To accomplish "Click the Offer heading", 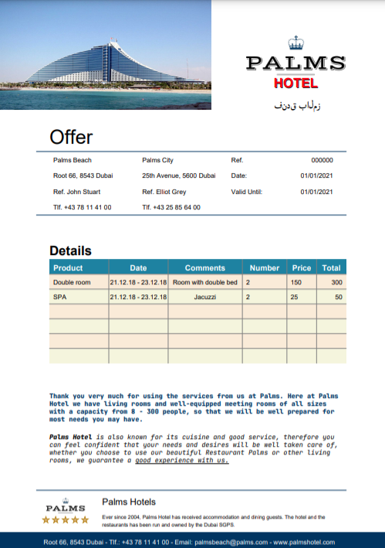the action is pos(71,138).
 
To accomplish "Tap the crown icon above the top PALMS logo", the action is pos(296,43).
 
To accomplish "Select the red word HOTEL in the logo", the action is pos(296,83).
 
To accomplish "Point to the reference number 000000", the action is pos(322,161).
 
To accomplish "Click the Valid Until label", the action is pos(248,192).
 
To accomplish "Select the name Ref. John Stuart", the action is pos(77,192).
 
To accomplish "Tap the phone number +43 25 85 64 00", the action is pos(171,207).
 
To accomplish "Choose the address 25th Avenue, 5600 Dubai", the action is pos(179,176).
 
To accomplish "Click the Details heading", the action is pos(70,251).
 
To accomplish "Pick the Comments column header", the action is pos(205,268).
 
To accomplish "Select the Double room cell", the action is pos(72,283).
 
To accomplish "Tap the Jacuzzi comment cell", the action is pos(205,297).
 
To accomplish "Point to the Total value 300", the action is pos(336,283).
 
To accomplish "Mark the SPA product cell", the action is pos(60,297).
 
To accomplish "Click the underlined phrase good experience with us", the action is pos(182,461).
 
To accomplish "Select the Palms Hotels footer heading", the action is pos(129,502).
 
